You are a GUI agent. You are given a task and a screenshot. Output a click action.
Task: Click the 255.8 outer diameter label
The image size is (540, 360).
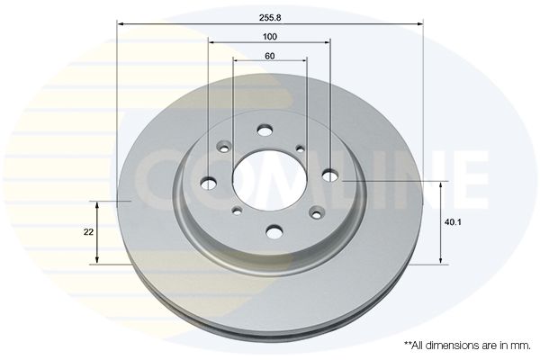click(x=270, y=18)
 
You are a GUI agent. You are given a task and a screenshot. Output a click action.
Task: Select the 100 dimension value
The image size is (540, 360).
click(x=270, y=37)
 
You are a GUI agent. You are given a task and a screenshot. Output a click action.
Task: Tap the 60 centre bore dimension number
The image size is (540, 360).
click(x=270, y=56)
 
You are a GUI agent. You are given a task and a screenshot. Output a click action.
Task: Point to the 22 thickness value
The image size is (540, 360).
click(x=88, y=232)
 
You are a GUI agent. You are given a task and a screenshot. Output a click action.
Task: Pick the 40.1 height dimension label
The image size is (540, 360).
click(x=453, y=222)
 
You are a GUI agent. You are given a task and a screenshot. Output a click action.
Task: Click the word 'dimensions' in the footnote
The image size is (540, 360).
click(x=446, y=346)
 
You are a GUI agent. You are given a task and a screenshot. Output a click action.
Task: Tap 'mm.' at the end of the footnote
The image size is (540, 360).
click(x=522, y=346)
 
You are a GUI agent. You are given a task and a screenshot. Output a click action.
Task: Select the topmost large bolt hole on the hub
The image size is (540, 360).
click(x=265, y=130)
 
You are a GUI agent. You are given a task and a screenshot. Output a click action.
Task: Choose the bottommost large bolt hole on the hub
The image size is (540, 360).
click(x=274, y=231)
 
